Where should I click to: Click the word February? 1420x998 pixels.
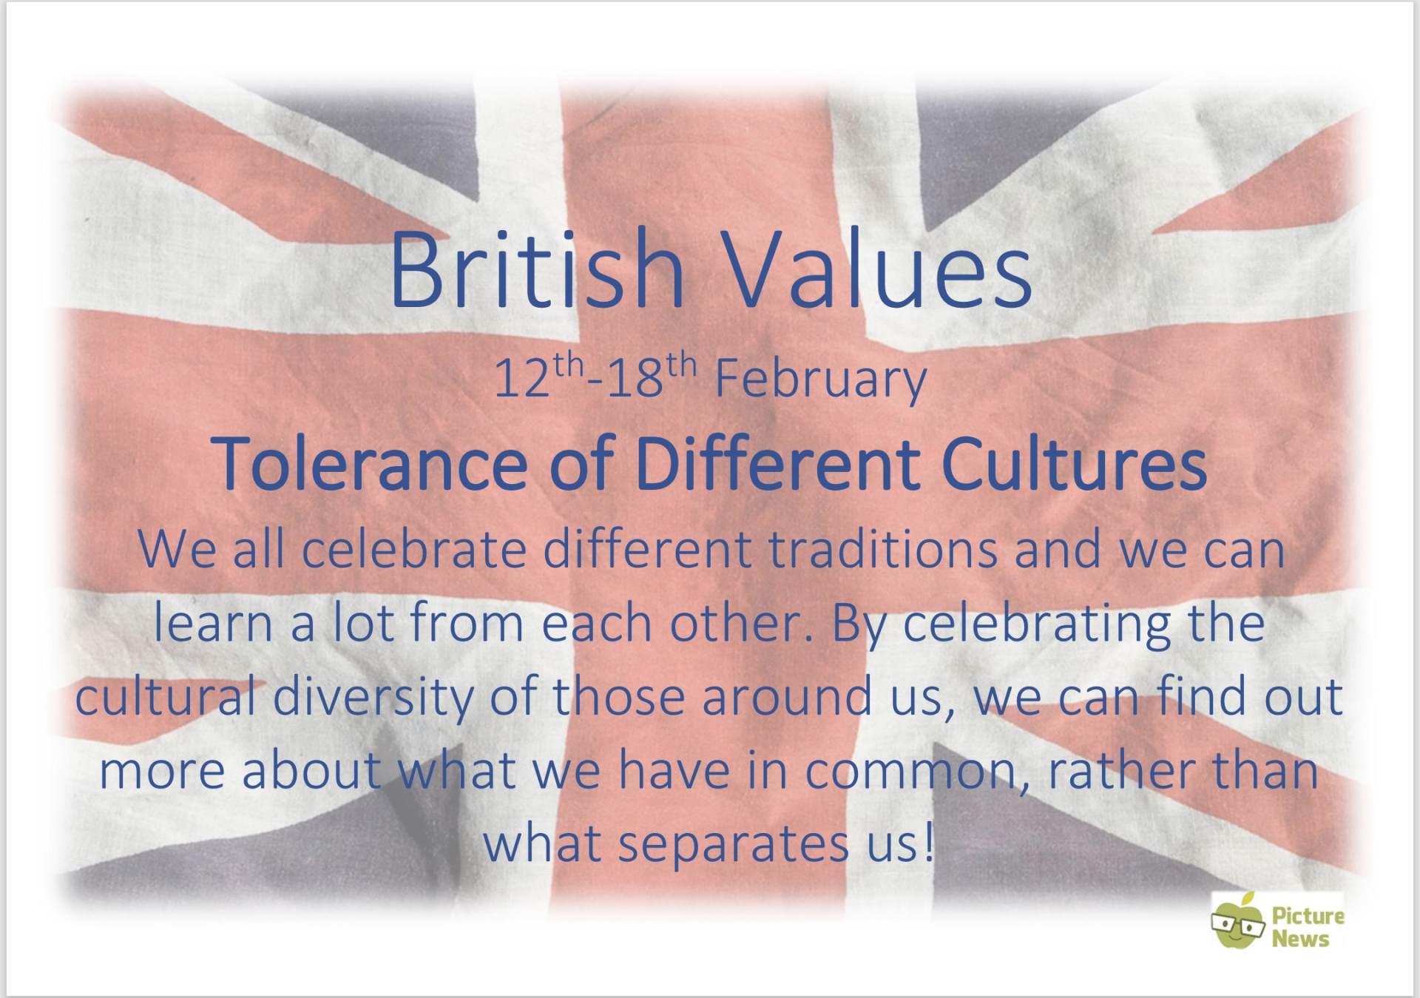click(x=821, y=380)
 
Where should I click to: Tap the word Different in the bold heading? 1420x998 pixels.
click(x=777, y=464)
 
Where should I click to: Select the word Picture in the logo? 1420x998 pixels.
click(x=1308, y=916)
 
